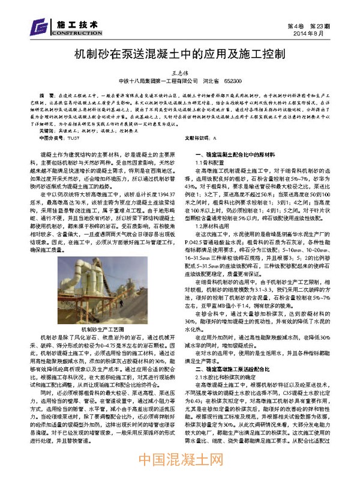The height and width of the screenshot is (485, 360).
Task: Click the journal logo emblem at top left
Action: point(41,27)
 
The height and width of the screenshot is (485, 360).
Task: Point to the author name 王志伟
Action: point(180,70)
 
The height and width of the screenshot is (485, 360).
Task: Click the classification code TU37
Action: point(73,137)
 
